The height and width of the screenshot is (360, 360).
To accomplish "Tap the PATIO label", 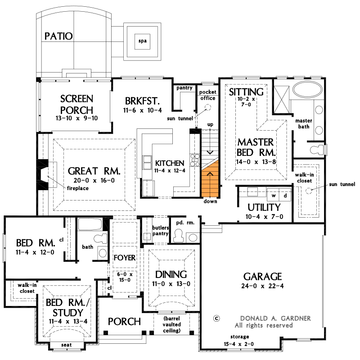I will click(x=58, y=36).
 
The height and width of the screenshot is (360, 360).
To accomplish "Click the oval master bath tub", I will click(x=307, y=89).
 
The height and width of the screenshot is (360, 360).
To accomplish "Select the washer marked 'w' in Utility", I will click(x=274, y=196).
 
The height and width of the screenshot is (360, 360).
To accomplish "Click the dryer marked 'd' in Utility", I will click(x=285, y=196).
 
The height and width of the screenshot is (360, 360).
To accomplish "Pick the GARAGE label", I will click(x=262, y=276).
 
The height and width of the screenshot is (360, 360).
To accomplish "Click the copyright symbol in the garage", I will click(x=216, y=318).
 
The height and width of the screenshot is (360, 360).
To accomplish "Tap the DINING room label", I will click(x=171, y=274).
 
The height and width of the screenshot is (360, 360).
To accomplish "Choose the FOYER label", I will click(x=124, y=258).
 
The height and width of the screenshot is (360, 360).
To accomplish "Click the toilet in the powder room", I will click(x=179, y=234).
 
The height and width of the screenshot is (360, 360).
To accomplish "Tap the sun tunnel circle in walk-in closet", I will click(x=309, y=190).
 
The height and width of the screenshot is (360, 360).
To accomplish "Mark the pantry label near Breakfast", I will click(x=184, y=87).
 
